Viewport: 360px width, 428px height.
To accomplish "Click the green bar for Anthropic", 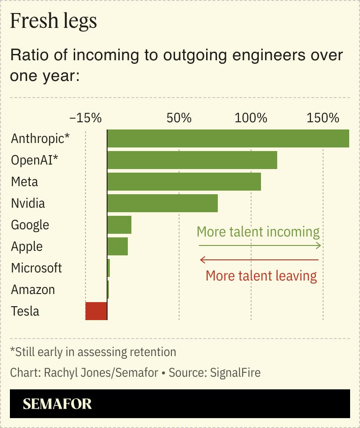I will [x=228, y=138].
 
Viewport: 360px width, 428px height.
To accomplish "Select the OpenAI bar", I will [x=192, y=160].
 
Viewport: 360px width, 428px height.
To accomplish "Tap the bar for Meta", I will [x=184, y=182].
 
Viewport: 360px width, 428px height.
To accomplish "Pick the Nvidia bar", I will [x=162, y=203].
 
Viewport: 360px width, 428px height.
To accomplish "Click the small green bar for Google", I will [x=119, y=225].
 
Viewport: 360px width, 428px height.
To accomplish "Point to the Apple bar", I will [x=117, y=246].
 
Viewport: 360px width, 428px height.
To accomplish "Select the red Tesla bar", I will [x=96, y=311].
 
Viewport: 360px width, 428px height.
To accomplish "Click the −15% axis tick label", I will [x=85, y=118].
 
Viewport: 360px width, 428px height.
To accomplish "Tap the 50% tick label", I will [x=179, y=118].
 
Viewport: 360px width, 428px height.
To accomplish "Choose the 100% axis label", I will [x=251, y=118].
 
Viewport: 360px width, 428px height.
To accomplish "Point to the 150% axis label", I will [x=323, y=118].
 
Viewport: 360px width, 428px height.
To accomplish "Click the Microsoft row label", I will [x=36, y=268].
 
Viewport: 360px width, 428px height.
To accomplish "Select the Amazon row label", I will [x=33, y=290].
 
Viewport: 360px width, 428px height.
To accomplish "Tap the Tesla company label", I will [x=25, y=311].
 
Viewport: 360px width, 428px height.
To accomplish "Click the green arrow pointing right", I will [x=260, y=245].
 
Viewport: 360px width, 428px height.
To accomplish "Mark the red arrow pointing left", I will [x=260, y=260].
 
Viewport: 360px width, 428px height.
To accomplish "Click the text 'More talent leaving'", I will [x=261, y=275].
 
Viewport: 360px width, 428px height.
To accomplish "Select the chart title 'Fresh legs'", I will [x=54, y=21].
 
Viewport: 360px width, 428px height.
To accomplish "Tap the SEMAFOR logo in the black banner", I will [x=57, y=404].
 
